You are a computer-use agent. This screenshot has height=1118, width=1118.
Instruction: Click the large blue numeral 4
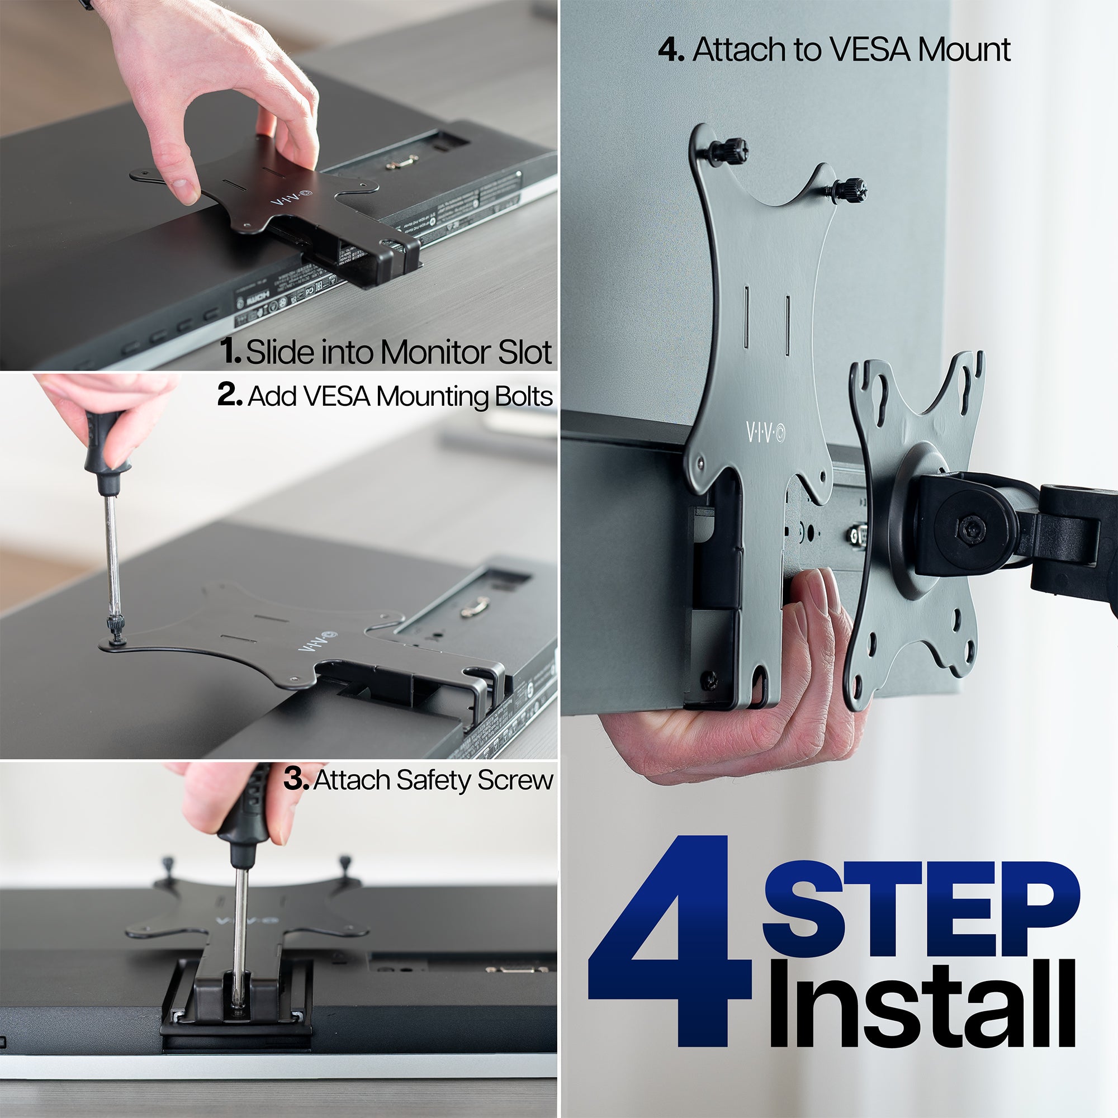click(671, 949)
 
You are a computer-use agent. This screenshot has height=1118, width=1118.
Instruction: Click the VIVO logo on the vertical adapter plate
click(765, 432)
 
